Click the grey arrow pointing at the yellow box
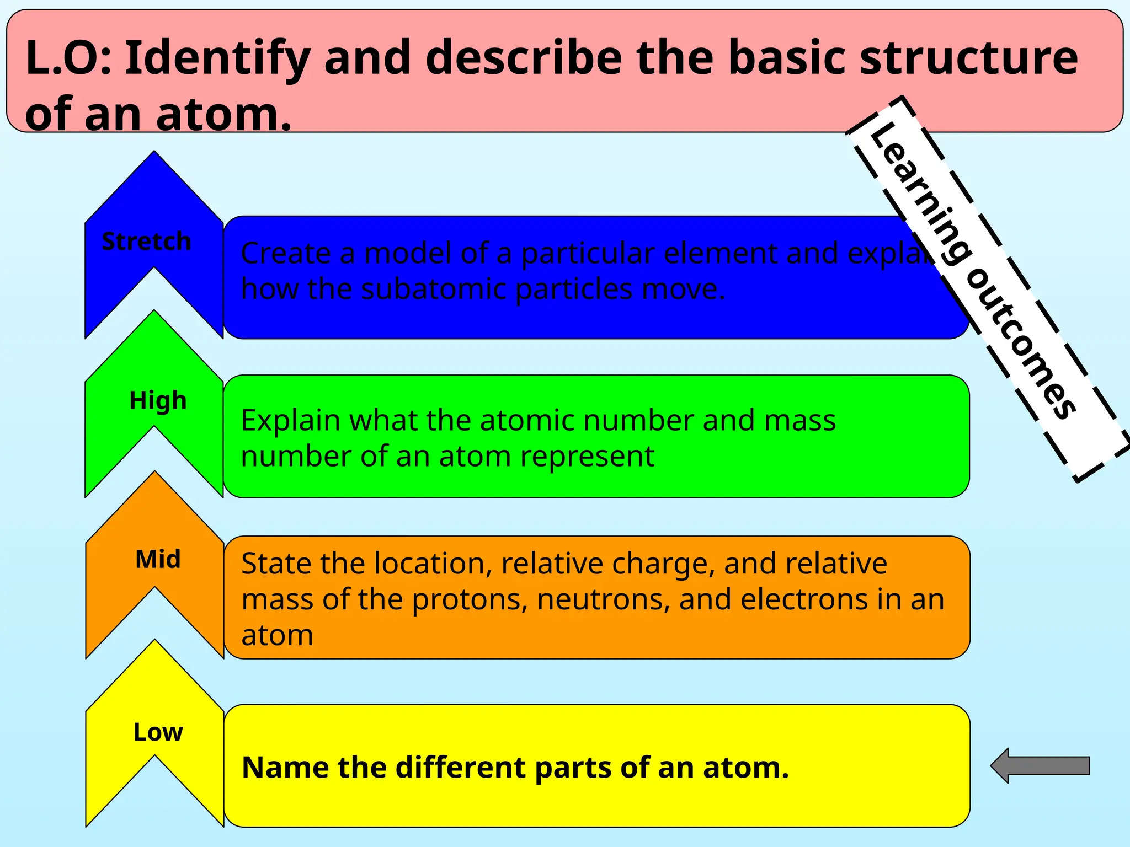click(1041, 766)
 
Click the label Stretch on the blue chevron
click(146, 242)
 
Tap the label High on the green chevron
click(158, 401)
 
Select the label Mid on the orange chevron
click(158, 559)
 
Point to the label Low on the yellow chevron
click(158, 732)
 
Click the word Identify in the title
click(217, 58)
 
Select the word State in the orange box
click(276, 564)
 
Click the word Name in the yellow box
click(285, 768)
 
